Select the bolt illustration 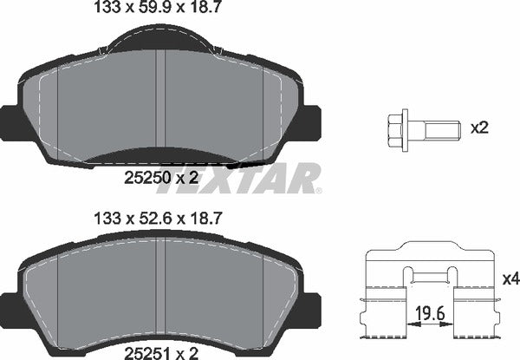(415, 128)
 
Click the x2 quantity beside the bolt (479, 128)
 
